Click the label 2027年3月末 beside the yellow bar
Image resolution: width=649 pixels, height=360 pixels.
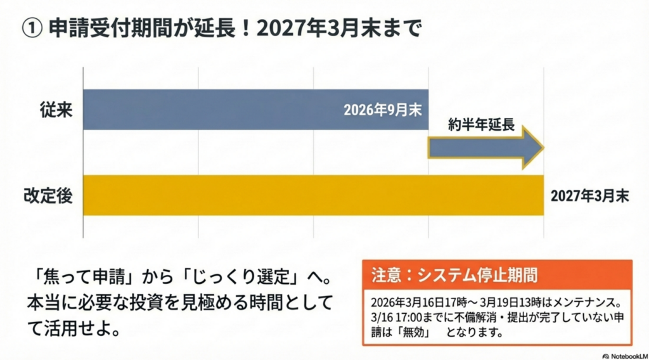pos(589,195)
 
